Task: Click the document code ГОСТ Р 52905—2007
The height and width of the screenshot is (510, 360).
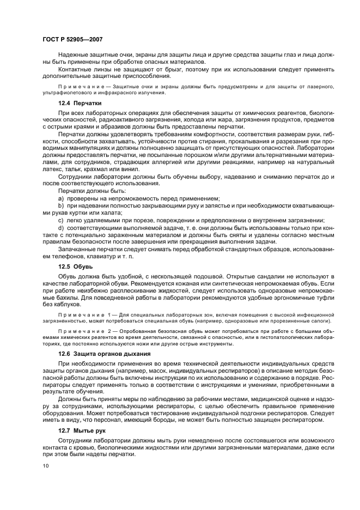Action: click(x=72, y=39)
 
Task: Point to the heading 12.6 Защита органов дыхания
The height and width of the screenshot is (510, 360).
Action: click(x=104, y=353)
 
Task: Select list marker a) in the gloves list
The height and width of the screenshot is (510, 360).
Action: click(x=61, y=199)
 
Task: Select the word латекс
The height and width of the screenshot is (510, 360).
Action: click(x=53, y=169)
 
